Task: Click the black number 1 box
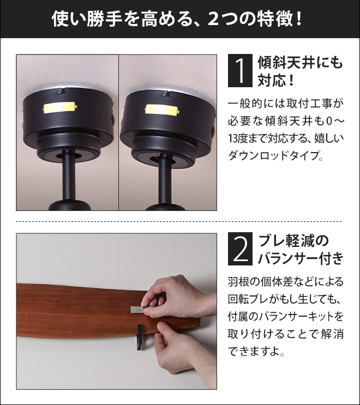coord(240,71)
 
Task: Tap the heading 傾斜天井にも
coord(299,63)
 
